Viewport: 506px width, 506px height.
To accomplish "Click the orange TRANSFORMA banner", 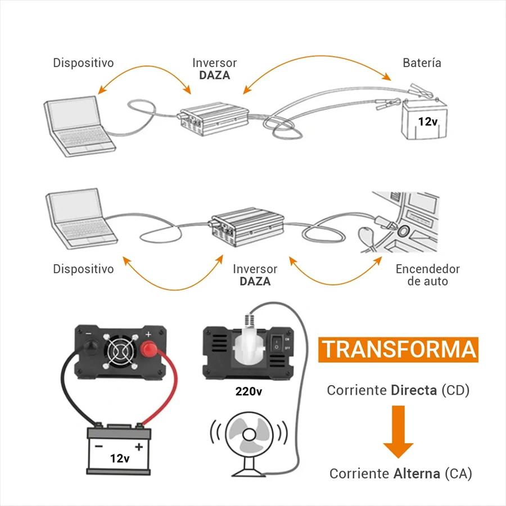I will [x=399, y=349].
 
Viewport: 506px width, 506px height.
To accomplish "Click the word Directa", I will [x=414, y=390].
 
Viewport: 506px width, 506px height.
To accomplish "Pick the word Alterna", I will [x=416, y=473].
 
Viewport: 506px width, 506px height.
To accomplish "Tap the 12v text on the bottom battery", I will [x=120, y=458].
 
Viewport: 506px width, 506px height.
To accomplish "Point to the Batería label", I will [x=422, y=63].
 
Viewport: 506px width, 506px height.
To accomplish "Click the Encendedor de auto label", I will [x=427, y=275].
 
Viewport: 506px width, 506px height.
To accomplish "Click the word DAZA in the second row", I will [x=255, y=281].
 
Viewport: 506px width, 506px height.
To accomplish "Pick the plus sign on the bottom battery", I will [x=139, y=446].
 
